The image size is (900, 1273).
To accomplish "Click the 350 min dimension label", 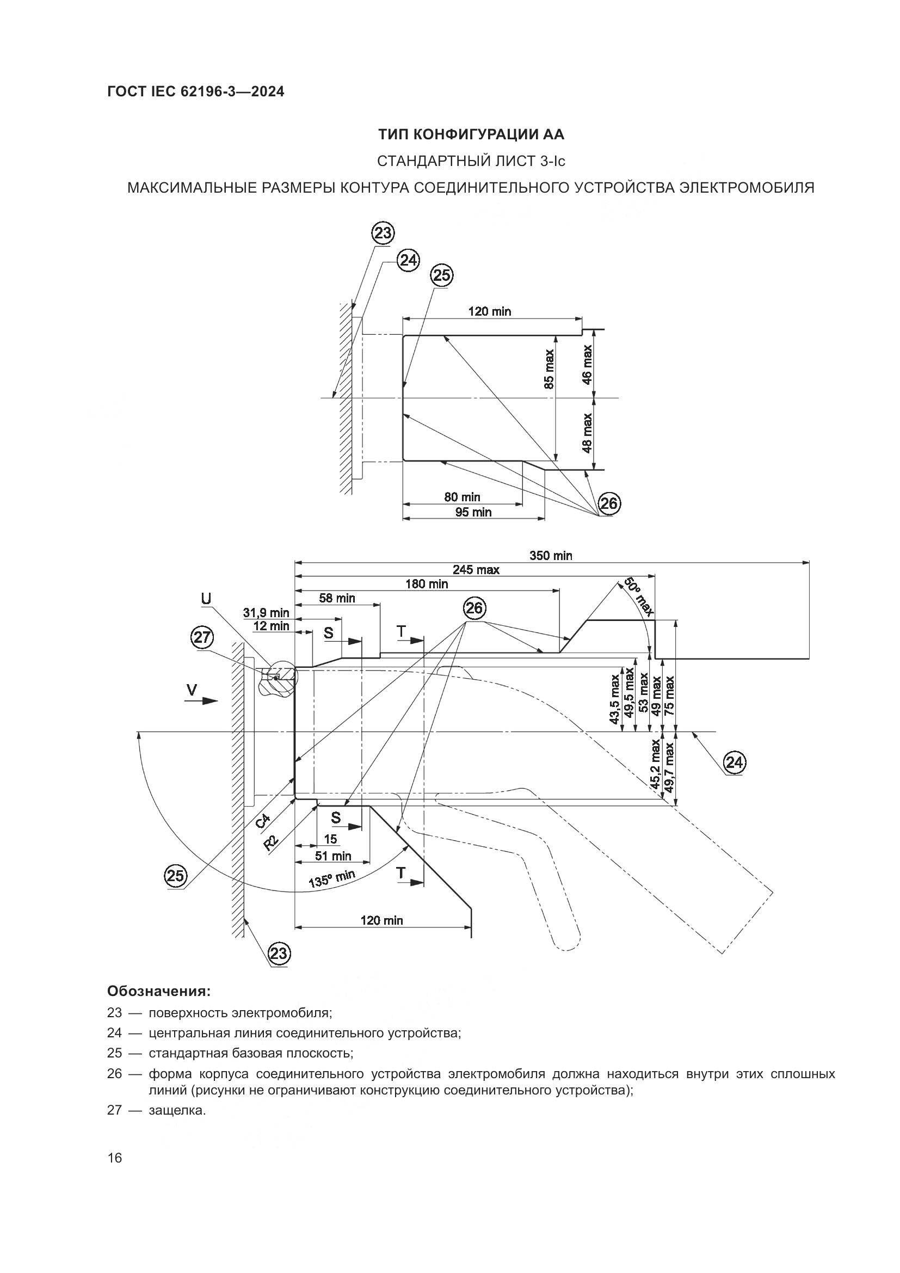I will [x=550, y=556].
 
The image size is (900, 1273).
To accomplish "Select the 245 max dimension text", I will [x=476, y=569].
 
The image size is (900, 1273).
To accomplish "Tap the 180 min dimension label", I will [x=426, y=584].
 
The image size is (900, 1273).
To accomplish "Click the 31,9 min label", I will [x=266, y=613].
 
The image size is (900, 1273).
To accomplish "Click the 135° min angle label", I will [x=331, y=878].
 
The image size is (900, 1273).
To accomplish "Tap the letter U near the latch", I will [x=206, y=598].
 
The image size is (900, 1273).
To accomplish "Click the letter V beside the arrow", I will [x=192, y=690].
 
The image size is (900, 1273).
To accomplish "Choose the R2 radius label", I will [x=270, y=842].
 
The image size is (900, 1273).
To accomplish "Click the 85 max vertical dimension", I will [x=548, y=368].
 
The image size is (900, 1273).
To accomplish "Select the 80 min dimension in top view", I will [x=462, y=497].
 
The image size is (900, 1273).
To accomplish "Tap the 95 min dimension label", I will [x=473, y=512].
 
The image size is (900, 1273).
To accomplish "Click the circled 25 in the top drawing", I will [x=442, y=275].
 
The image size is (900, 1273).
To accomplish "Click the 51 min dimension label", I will [x=333, y=856].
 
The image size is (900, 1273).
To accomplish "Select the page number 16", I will [x=115, y=1158].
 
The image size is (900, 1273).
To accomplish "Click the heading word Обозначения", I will [x=158, y=990].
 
